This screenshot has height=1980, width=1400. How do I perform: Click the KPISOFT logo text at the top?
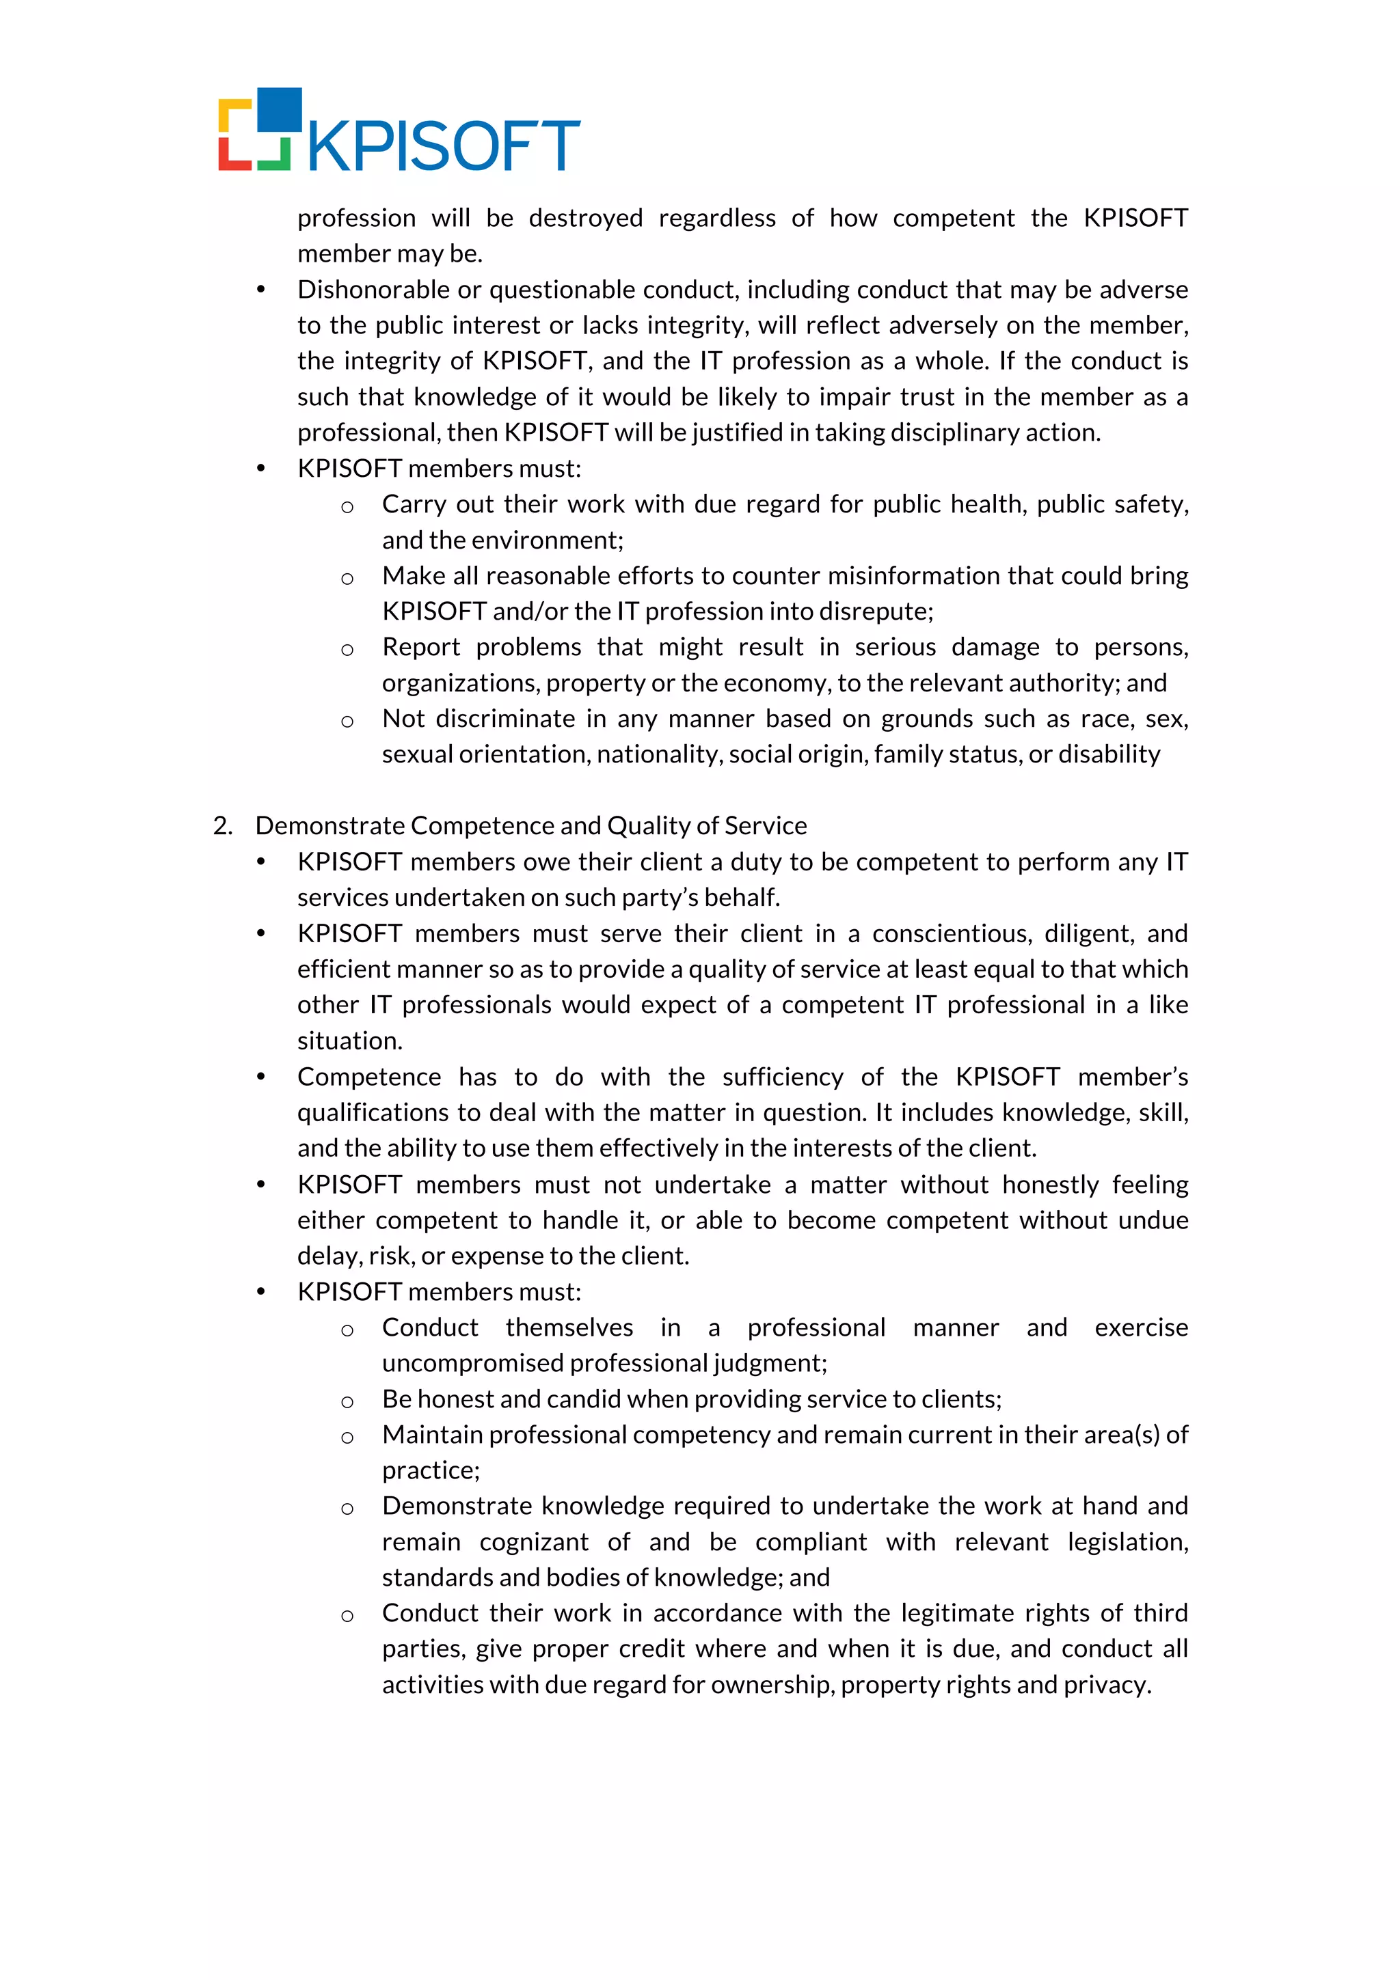coord(444,146)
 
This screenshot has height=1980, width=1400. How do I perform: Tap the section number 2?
coord(221,826)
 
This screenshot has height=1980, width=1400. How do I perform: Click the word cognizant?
coord(534,1542)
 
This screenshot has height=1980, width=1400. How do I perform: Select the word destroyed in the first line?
coord(586,218)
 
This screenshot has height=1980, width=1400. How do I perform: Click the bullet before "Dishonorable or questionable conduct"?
coord(260,290)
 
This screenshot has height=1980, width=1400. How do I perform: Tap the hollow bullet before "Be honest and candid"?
coord(347,1401)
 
